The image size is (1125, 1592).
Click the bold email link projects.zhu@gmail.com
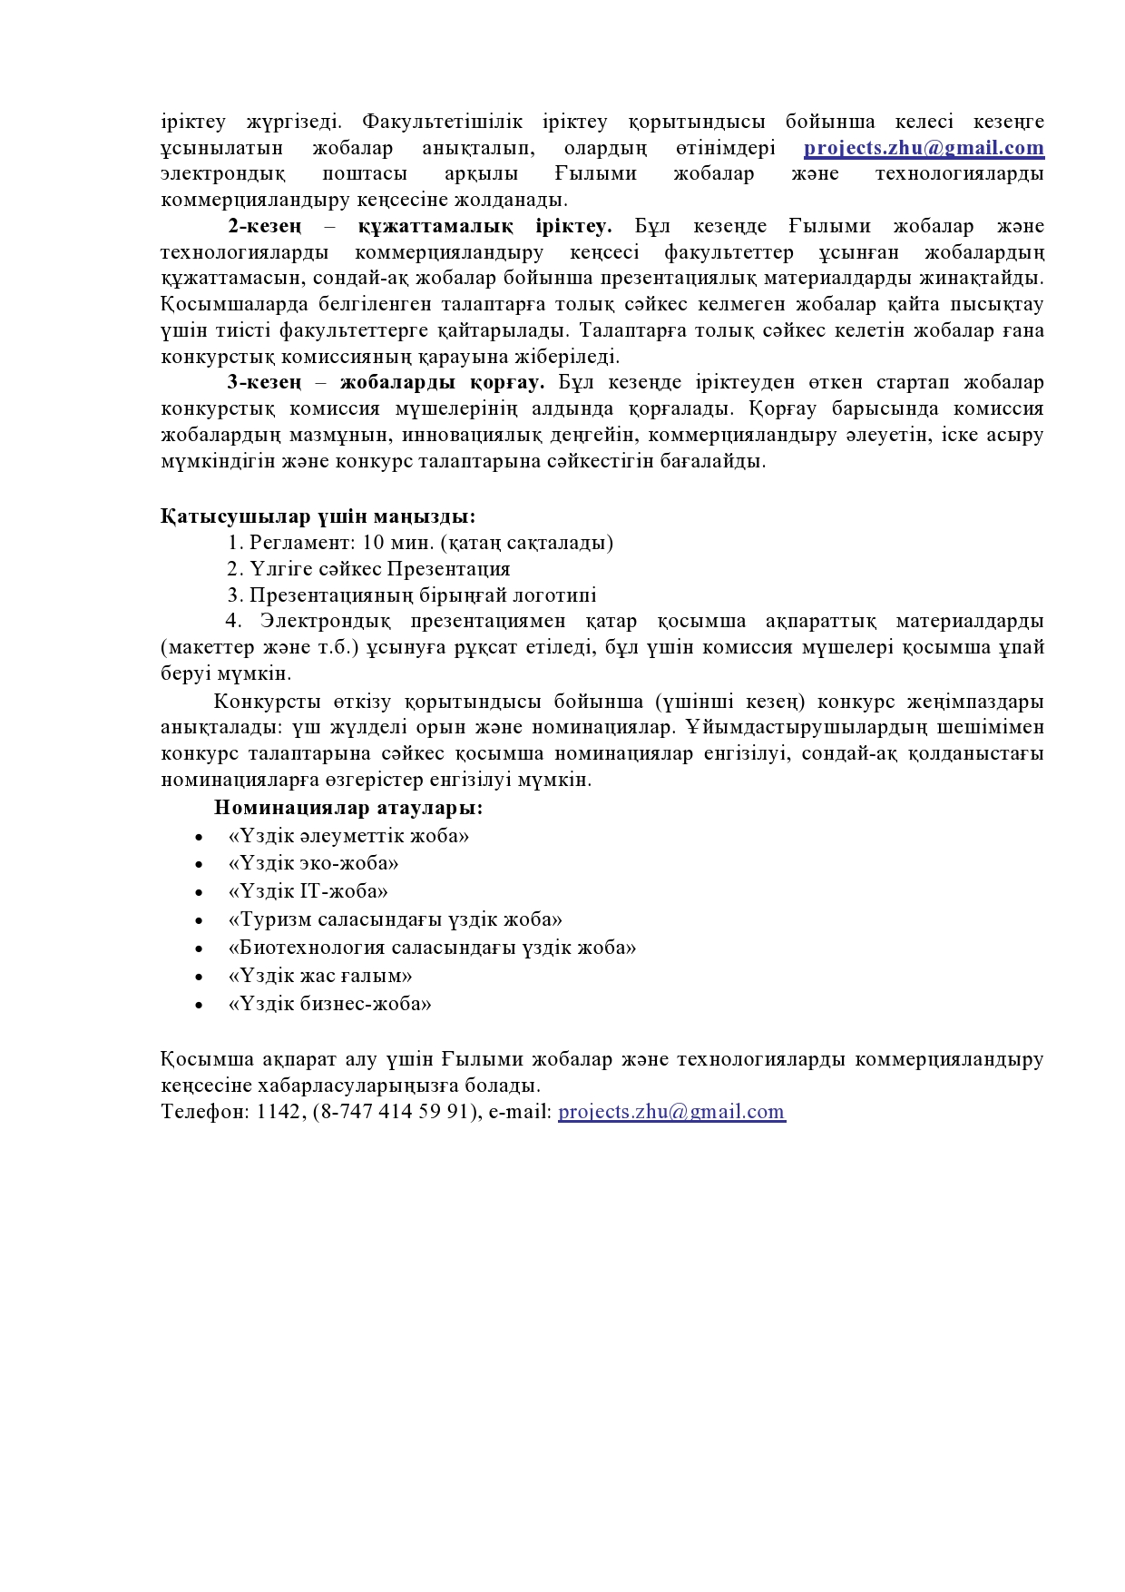click(x=924, y=148)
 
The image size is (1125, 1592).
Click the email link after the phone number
click(x=671, y=1112)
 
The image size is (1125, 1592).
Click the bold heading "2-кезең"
click(x=265, y=226)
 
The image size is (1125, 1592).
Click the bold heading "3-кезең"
click(x=265, y=382)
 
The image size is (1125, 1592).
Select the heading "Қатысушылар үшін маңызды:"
click(x=318, y=516)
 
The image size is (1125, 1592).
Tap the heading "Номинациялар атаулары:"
click(x=348, y=808)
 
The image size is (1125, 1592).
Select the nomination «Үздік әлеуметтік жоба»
click(x=348, y=836)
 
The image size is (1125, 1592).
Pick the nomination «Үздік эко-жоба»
click(x=314, y=864)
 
